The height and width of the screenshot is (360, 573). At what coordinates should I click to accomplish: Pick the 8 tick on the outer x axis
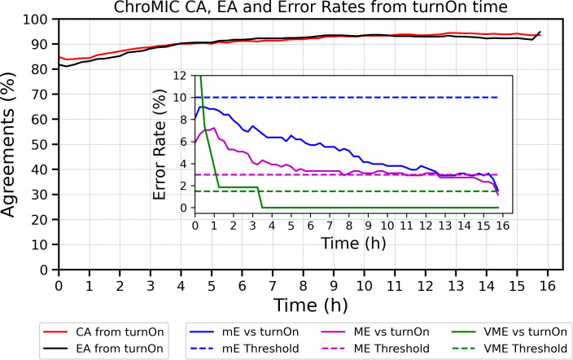pyautogui.click(x=303, y=287)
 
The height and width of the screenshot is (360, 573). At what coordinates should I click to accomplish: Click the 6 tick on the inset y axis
pyautogui.click(x=183, y=142)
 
